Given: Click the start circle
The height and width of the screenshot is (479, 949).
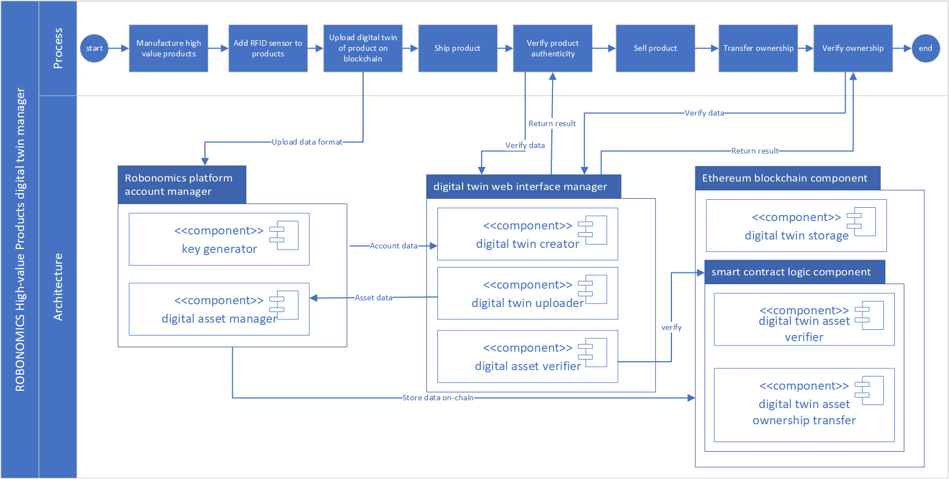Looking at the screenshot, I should pyautogui.click(x=94, y=49).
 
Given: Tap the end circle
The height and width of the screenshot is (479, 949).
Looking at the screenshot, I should pyautogui.click(x=925, y=49).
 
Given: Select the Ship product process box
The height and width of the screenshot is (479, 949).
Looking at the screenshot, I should pyautogui.click(x=457, y=49).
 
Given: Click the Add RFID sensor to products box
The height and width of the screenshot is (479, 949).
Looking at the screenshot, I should pyautogui.click(x=268, y=49).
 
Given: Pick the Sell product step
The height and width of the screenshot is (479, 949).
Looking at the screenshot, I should pyautogui.click(x=655, y=49).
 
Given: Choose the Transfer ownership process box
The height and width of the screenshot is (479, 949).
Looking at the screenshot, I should pyautogui.click(x=758, y=49).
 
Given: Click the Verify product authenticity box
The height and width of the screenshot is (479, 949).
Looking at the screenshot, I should pyautogui.click(x=552, y=49).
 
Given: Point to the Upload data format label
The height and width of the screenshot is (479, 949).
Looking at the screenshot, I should pyautogui.click(x=307, y=142).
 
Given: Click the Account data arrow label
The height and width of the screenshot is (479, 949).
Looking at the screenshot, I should pyautogui.click(x=393, y=246).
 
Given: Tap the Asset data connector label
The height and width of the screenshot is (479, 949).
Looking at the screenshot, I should pyautogui.click(x=373, y=298).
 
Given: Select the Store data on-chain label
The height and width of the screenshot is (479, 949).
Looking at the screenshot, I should pyautogui.click(x=438, y=397).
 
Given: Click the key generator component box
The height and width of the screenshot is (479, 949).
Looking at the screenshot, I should pyautogui.click(x=219, y=239).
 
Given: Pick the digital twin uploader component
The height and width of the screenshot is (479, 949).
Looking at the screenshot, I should pyautogui.click(x=527, y=294).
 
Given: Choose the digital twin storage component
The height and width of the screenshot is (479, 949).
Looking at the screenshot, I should pyautogui.click(x=796, y=226).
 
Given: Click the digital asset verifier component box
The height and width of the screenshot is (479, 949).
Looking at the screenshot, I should pyautogui.click(x=527, y=357).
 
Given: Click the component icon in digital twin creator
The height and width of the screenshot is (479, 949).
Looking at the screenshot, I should pyautogui.click(x=593, y=230).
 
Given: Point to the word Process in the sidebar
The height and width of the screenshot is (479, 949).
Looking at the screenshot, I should pyautogui.click(x=58, y=49).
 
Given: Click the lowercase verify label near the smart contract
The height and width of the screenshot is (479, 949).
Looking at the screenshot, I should pyautogui.click(x=671, y=327).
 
